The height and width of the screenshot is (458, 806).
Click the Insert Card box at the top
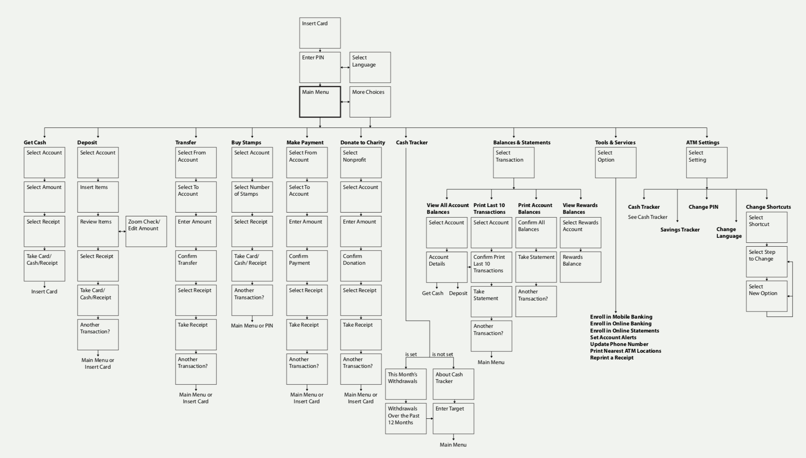tap(320, 33)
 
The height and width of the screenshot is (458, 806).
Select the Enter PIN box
tap(320, 67)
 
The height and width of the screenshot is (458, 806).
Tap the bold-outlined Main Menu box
tap(320, 102)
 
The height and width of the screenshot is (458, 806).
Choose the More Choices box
tap(370, 102)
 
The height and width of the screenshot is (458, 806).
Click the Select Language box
tap(370, 67)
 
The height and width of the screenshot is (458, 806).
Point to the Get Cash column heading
tap(35, 143)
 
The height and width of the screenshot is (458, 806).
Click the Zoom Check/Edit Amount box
tap(146, 231)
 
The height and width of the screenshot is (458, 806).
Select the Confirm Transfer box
tap(196, 266)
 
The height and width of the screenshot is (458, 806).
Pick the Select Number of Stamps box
tap(252, 197)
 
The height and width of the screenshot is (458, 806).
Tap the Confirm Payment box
tap(307, 266)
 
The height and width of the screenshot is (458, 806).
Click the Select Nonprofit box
tap(361, 162)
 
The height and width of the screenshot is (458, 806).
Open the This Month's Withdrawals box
tap(406, 384)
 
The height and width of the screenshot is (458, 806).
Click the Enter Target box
tap(453, 418)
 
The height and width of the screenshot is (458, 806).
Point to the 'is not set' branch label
tap(443, 354)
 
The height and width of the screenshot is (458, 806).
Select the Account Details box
tap(446, 267)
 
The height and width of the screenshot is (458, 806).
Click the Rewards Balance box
tap(580, 267)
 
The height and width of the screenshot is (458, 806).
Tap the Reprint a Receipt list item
tap(612, 358)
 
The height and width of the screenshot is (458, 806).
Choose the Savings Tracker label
tap(680, 230)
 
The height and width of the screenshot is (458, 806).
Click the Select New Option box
tap(766, 296)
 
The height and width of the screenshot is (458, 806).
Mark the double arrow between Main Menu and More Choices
tap(345, 102)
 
